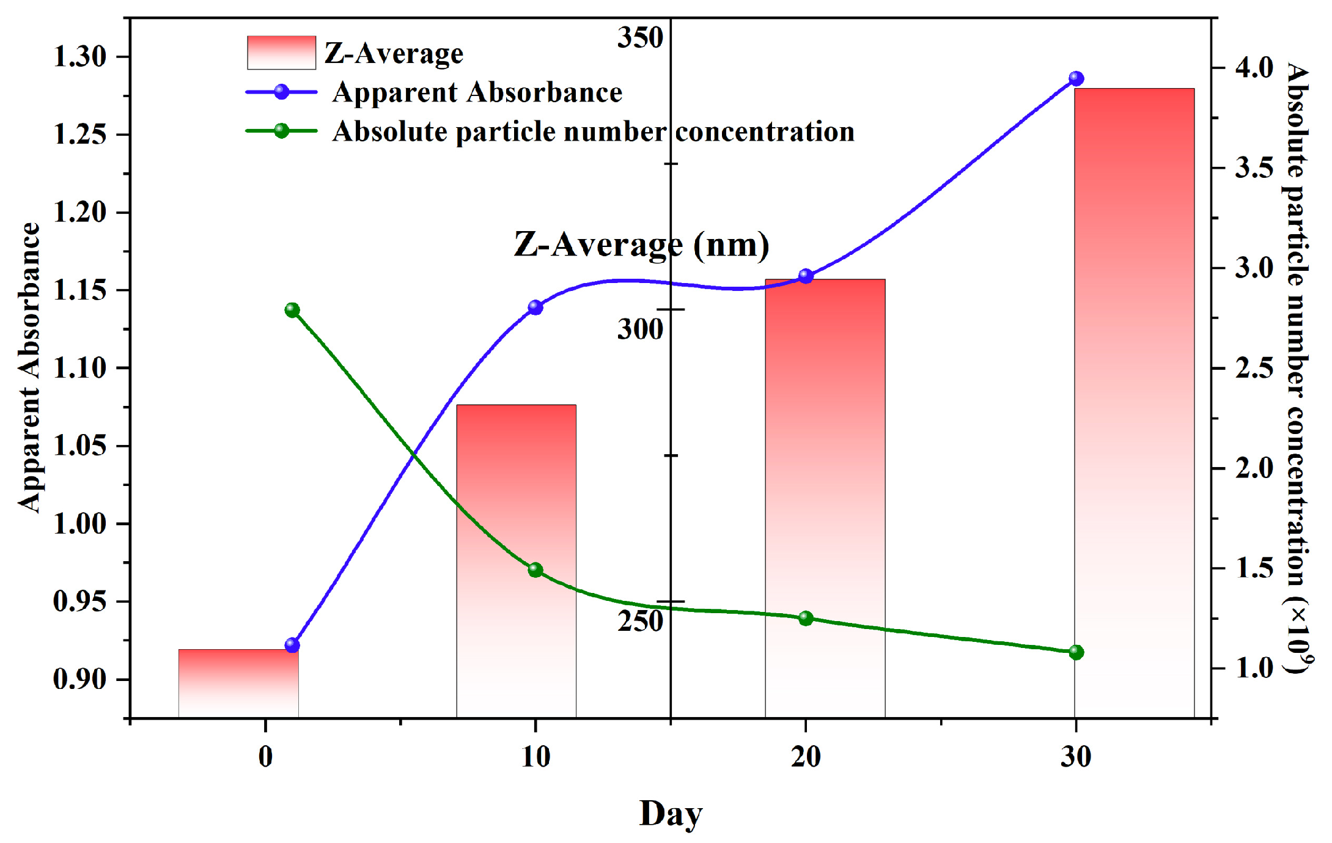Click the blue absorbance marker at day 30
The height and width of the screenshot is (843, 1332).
click(1076, 79)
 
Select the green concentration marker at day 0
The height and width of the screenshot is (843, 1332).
click(292, 310)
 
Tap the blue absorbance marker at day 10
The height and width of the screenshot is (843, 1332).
click(535, 307)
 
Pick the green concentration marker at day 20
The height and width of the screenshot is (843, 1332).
click(806, 618)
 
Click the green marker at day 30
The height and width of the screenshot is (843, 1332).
click(1076, 652)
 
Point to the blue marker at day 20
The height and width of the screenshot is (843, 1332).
click(806, 276)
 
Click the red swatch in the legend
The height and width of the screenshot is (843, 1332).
click(281, 53)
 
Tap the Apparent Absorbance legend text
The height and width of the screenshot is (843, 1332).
click(477, 93)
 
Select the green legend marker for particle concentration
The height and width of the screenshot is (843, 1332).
click(281, 131)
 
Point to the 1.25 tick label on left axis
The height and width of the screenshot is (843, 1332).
click(80, 134)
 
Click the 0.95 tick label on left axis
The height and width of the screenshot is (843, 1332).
click(80, 602)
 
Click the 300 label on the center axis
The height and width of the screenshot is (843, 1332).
click(639, 329)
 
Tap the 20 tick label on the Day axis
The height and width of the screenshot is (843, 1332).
click(806, 757)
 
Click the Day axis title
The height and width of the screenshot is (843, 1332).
click(671, 814)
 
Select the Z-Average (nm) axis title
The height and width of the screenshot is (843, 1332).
click(641, 245)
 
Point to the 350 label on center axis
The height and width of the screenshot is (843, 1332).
click(639, 38)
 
